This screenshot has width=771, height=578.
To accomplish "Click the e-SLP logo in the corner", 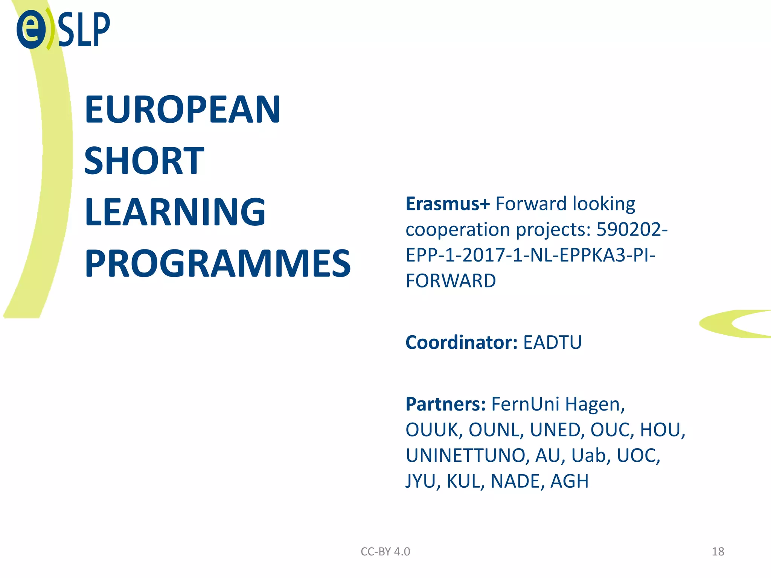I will click(63, 29).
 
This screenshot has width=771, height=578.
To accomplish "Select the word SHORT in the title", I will click(144, 161).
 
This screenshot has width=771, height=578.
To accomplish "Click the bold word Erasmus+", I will click(448, 204).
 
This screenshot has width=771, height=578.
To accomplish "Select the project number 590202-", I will click(632, 230).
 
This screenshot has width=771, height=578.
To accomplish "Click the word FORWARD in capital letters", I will click(451, 281).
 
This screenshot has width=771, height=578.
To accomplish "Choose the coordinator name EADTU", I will click(552, 342).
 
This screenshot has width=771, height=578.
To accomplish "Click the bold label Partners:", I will click(446, 404).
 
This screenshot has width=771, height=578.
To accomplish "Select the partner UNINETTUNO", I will click(465, 455).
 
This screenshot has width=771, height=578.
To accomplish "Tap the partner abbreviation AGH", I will click(569, 481).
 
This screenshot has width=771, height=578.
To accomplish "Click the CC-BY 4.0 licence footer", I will click(385, 552).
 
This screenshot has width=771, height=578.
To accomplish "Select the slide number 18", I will click(718, 552).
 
